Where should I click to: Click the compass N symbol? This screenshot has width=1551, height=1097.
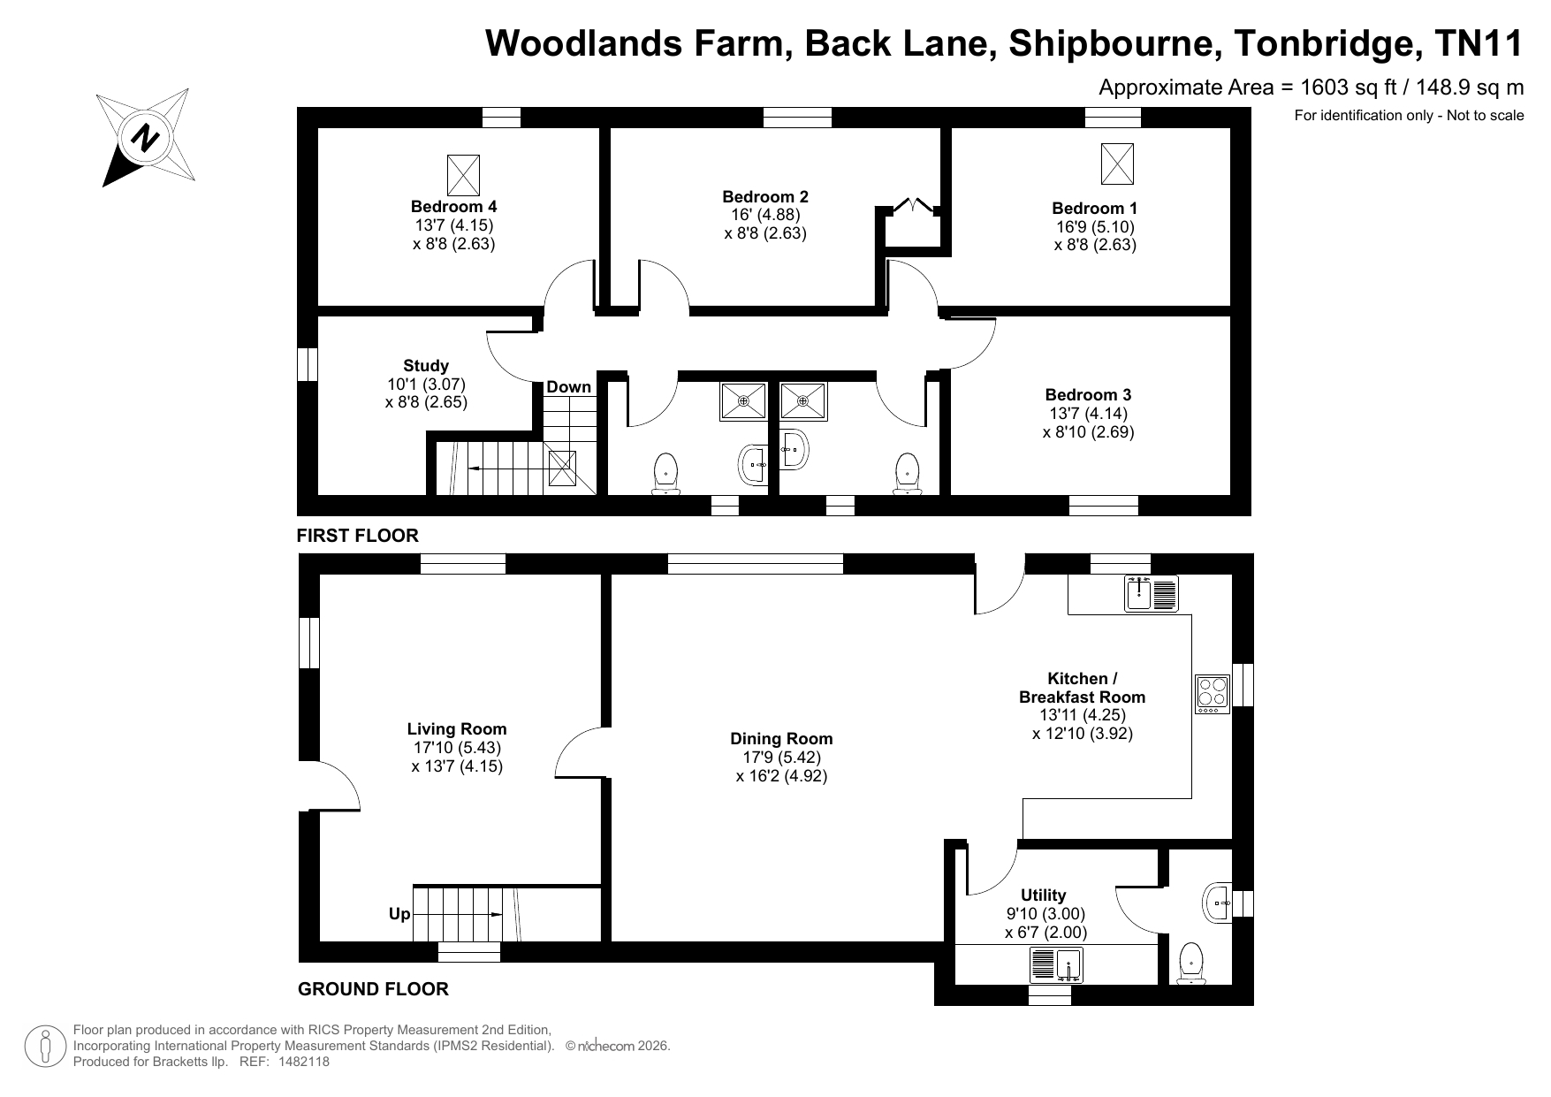pyautogui.click(x=145, y=138)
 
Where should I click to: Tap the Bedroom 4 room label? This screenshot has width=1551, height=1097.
pyautogui.click(x=453, y=206)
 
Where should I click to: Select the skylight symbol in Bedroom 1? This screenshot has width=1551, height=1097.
pyautogui.click(x=1117, y=164)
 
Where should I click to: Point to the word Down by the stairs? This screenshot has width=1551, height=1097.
pyautogui.click(x=568, y=387)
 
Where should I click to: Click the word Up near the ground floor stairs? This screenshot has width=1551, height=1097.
pyautogui.click(x=399, y=913)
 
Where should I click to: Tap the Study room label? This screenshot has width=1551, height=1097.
pyautogui.click(x=426, y=365)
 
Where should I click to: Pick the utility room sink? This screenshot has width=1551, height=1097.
pyautogui.click(x=1056, y=965)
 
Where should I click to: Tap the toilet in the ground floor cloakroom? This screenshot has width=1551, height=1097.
pyautogui.click(x=1190, y=963)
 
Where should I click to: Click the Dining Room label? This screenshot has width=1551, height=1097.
pyautogui.click(x=781, y=739)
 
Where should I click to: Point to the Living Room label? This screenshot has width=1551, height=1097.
pyautogui.click(x=457, y=729)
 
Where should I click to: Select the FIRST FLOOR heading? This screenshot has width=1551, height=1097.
pyautogui.click(x=357, y=536)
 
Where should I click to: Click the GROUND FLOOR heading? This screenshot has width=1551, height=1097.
pyautogui.click(x=373, y=989)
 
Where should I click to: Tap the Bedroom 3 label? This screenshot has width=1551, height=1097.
pyautogui.click(x=1088, y=394)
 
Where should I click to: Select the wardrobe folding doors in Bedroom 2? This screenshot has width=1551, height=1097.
pyautogui.click(x=913, y=207)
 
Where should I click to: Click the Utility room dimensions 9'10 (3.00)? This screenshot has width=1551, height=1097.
pyautogui.click(x=1045, y=914)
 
